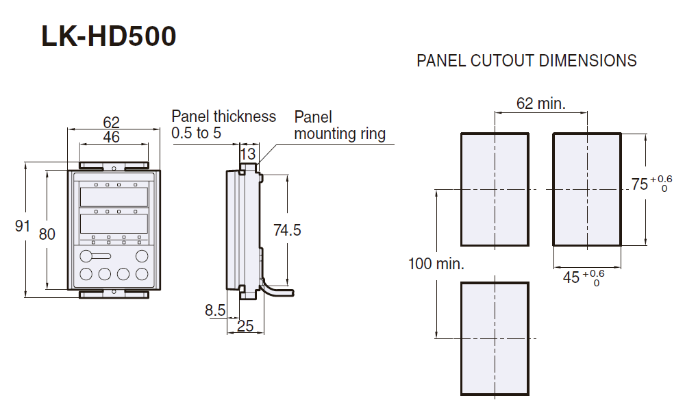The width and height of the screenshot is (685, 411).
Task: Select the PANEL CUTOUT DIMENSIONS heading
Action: pos(526,61)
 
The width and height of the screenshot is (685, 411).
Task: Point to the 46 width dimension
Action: pos(111,137)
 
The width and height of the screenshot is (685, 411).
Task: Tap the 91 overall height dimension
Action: pos(23,225)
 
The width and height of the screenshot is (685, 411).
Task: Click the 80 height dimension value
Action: pos(47,234)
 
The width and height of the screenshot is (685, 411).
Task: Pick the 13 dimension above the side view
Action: pos(247,153)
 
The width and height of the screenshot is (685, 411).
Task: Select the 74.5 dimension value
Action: pos(287,230)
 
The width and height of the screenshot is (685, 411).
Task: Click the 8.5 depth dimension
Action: pos(215,310)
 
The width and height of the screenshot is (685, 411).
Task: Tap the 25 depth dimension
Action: pos(245,326)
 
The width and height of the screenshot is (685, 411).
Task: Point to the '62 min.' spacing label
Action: pos(540,103)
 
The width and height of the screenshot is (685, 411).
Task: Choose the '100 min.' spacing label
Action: pos(436,264)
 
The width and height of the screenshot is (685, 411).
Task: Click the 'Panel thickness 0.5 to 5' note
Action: pos(223,125)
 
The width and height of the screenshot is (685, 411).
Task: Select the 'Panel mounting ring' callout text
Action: pos(340,125)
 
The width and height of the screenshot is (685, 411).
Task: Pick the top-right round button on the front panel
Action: pos(142,256)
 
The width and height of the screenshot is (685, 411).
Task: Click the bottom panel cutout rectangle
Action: pos(495,338)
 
